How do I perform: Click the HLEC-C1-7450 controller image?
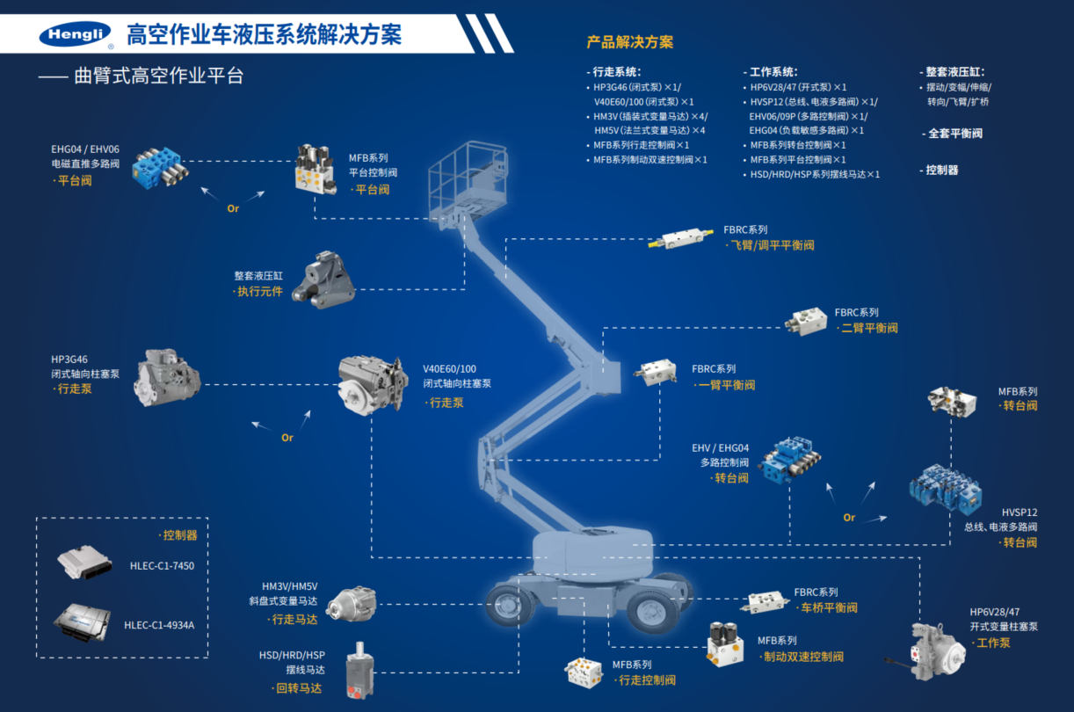[x=86, y=563]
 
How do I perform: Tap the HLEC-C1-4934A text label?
[x=159, y=625]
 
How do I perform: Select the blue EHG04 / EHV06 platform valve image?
[x=160, y=166]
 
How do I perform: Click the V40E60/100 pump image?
[x=374, y=382]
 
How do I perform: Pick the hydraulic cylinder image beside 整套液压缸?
[x=322, y=280]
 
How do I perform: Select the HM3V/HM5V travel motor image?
[x=351, y=604]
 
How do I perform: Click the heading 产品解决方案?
[x=629, y=42]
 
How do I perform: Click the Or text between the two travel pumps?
[x=287, y=438]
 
